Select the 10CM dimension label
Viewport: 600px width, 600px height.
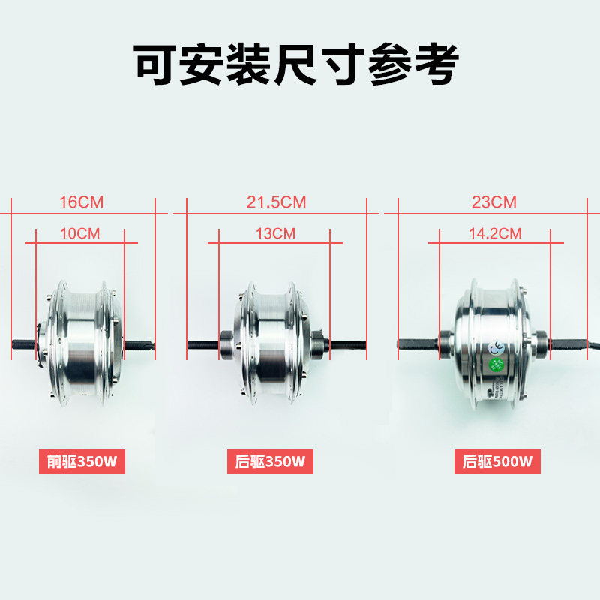(x=79, y=233)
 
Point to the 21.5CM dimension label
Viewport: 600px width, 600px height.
(x=277, y=202)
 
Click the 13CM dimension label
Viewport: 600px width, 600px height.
(x=275, y=233)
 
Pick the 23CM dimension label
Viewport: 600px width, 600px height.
(x=494, y=202)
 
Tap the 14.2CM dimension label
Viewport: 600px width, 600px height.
(x=495, y=233)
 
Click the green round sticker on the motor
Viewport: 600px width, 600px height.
(x=496, y=365)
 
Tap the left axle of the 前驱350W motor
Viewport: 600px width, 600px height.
(x=24, y=345)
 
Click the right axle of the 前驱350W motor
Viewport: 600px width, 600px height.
(x=140, y=345)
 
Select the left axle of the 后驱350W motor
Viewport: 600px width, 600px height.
(x=202, y=345)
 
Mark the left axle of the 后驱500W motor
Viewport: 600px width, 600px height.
(x=416, y=345)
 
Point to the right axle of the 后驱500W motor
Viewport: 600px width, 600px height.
(x=574, y=345)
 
